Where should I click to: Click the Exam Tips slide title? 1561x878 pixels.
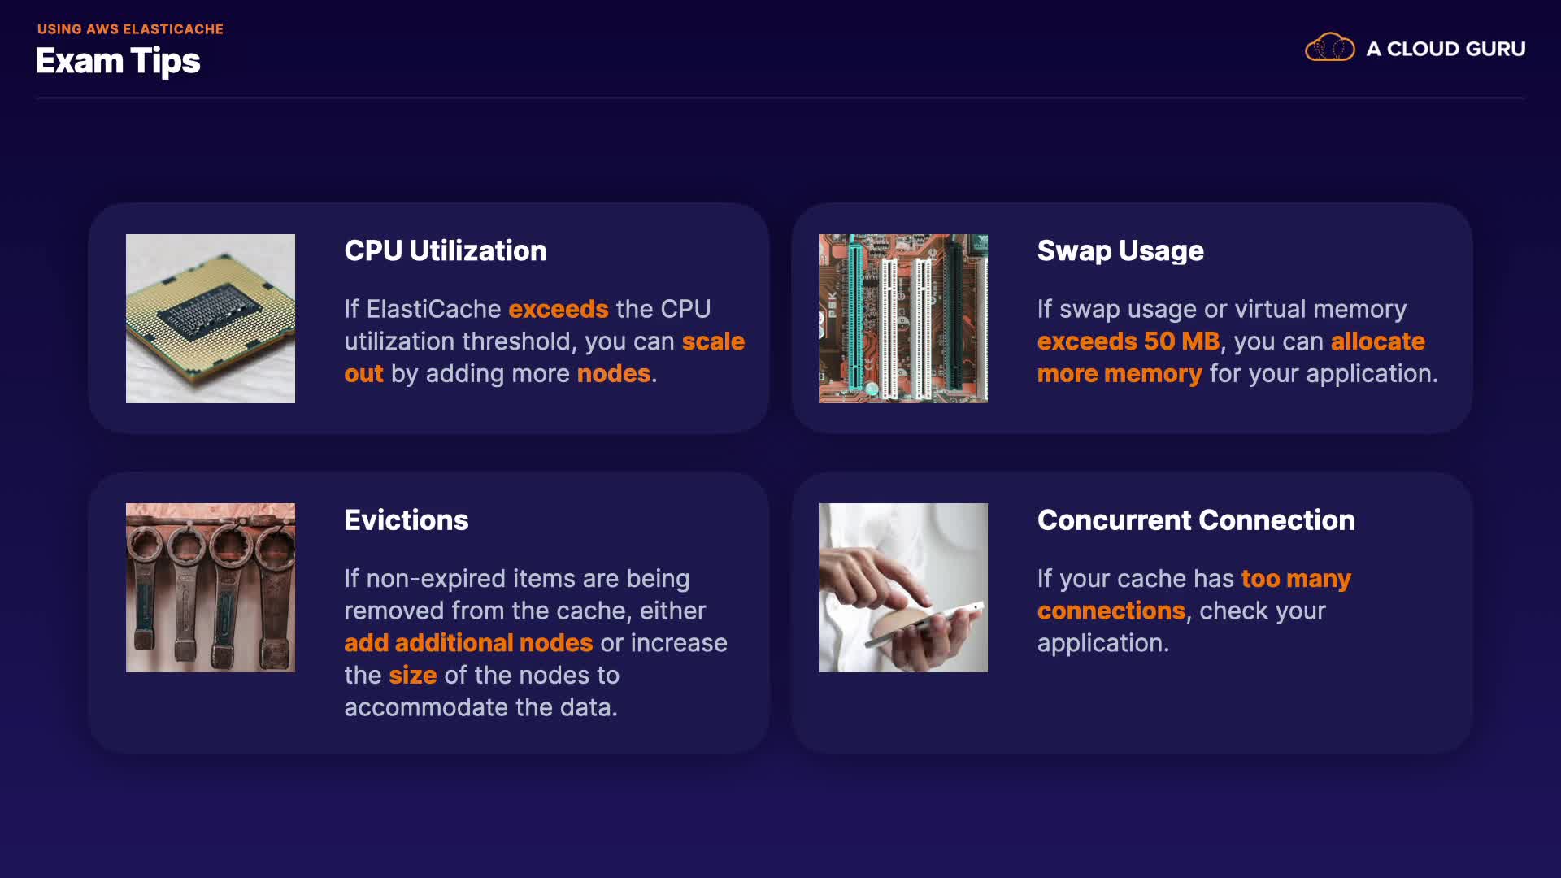(118, 62)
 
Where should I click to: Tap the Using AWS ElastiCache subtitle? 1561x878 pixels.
(130, 29)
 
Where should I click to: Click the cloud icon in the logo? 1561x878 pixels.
(1330, 48)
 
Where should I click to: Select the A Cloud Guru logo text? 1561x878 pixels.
(1446, 49)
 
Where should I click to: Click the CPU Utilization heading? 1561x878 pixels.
(446, 250)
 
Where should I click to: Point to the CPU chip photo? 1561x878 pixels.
(211, 319)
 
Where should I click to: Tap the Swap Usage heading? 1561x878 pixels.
(1120, 251)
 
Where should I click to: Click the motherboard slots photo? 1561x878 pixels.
(903, 319)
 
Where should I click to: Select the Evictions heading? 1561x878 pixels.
(407, 520)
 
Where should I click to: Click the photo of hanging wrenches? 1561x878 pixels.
(211, 588)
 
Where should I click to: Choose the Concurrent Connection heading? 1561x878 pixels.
(1196, 520)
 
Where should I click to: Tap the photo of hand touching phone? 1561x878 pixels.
(903, 588)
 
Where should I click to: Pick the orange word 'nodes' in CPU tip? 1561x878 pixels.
(614, 374)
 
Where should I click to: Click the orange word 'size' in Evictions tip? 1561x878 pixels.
(413, 676)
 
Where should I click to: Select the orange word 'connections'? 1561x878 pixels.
(1111, 611)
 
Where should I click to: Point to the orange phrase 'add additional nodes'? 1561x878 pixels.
(469, 643)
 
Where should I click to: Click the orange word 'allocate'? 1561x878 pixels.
(1378, 341)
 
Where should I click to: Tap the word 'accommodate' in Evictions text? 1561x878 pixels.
(426, 708)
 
